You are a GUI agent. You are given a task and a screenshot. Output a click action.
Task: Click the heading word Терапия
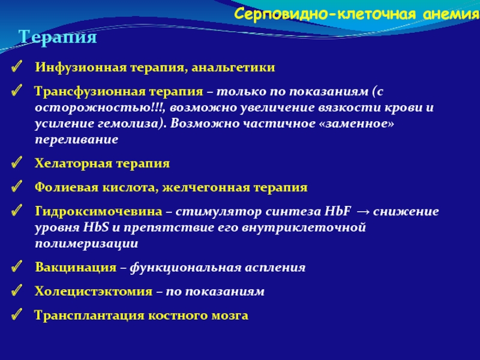coord(58,38)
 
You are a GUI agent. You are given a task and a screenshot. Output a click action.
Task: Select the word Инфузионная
coord(81,67)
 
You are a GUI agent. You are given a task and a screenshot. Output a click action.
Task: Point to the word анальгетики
coord(233,68)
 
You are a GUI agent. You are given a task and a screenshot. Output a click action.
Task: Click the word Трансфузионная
coord(92,92)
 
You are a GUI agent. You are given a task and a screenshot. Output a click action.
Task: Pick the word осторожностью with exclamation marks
coord(100,108)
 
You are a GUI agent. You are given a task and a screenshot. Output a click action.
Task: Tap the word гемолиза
coord(132,124)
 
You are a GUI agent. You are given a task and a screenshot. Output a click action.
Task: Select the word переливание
coord(77,140)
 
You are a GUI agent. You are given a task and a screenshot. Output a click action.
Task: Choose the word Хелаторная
coord(74,163)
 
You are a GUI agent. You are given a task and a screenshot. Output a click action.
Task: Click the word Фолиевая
coord(67,187)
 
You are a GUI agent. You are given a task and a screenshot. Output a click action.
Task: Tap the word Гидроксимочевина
coord(98,212)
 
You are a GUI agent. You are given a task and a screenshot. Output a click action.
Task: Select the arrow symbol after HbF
coord(363,212)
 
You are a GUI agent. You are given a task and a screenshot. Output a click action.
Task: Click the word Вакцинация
coord(76,268)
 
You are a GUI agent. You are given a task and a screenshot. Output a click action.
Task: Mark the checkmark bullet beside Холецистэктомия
coord(17,290)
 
